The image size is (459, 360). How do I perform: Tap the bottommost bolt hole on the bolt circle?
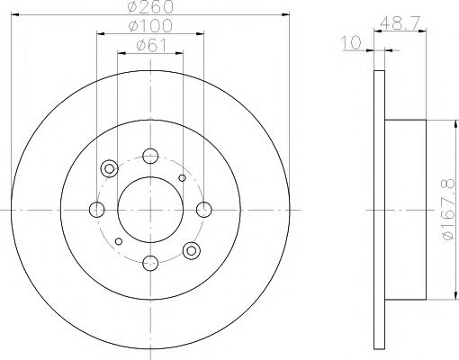pos(150,263)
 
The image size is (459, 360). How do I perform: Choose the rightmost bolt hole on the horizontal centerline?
pos(204,210)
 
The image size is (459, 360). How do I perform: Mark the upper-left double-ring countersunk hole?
pos(110,168)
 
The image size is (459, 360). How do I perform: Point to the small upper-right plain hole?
pos(182,178)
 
